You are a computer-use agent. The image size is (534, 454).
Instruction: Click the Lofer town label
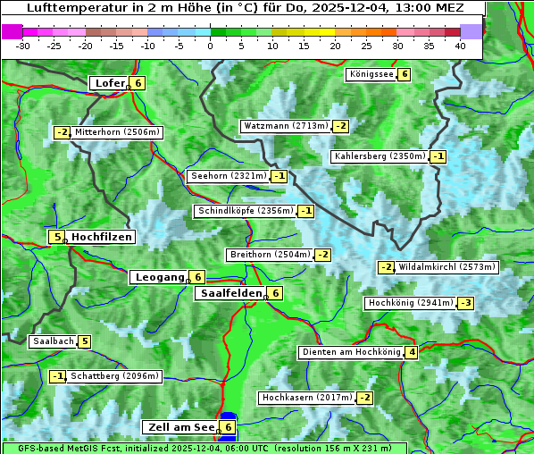pos(109,83)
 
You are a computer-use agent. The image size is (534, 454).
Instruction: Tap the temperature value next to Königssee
pos(405,74)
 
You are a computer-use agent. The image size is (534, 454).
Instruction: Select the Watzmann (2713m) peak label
pos(286,126)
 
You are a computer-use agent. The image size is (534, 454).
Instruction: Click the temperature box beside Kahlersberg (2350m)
pos(438,156)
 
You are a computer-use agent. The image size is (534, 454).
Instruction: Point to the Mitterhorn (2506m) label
pos(117,132)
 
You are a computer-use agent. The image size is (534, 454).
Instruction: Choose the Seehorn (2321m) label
pos(229,176)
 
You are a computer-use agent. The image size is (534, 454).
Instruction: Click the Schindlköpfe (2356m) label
pos(245,211)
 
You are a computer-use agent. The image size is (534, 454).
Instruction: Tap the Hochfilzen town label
pos(101,237)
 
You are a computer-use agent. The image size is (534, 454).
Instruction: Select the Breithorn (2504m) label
pos(269,255)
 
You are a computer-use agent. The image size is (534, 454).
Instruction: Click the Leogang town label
pos(159,277)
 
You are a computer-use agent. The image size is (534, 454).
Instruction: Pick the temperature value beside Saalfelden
pos(276,293)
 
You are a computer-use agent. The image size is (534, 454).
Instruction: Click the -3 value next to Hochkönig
pos(466,303)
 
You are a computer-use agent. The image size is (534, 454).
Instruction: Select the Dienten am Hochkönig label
pos(350,352)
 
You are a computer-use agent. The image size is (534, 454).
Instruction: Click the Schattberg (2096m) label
pos(114,376)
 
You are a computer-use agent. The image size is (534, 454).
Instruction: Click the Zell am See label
pos(181,427)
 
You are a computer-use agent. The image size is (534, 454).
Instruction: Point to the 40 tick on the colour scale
pos(460,46)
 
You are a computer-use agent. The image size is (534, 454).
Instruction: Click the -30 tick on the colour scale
pos(23,46)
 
